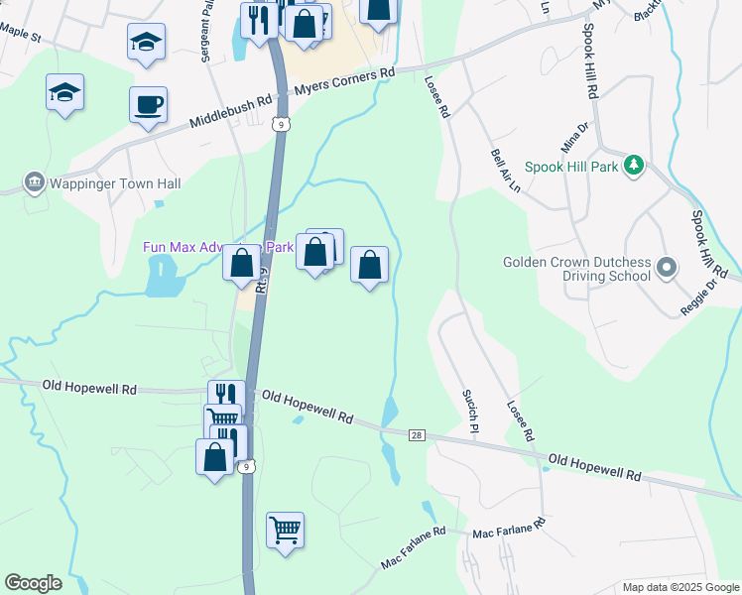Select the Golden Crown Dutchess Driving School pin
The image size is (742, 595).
666,268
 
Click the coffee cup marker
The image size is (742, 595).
148,104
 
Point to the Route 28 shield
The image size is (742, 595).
419,435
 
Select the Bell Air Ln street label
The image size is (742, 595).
506,172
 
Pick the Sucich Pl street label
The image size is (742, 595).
470,412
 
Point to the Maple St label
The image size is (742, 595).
21,36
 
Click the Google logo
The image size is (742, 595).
33,583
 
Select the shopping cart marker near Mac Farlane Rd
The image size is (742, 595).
285,531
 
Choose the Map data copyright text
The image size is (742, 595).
680,587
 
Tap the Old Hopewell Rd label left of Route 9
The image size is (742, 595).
89,388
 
